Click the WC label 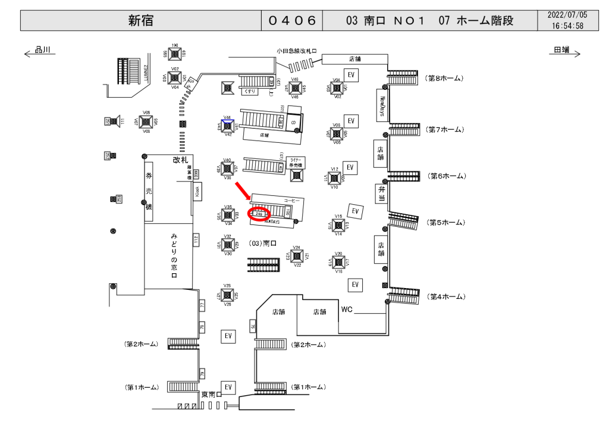347,310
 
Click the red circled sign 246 259,213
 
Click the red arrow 244,193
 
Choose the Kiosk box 198,191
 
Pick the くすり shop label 249,92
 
